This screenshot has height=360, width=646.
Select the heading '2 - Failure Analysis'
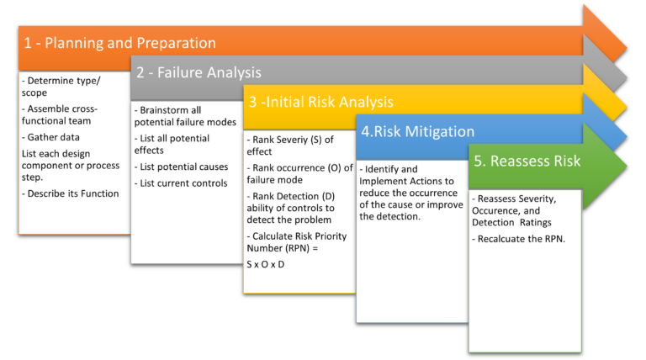pos(199,72)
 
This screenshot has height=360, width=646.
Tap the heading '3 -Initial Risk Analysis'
pos(320,103)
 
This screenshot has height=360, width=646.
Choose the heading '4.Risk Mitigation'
pos(418,131)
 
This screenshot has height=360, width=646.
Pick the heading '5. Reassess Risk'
pos(527,161)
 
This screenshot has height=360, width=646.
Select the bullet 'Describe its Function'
pos(71,193)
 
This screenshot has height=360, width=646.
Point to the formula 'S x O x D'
pos(265,264)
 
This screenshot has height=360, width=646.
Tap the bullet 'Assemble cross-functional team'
pos(60,115)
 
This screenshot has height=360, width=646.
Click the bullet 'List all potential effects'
pos(172,144)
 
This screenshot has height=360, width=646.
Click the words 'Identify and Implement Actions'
pos(408,175)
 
